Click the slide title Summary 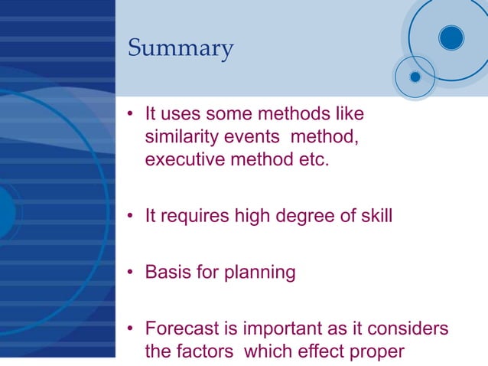pos(181,49)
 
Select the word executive pos(181,162)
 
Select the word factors pos(204,352)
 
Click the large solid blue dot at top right pos(451,38)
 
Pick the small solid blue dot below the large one pos(415,77)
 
